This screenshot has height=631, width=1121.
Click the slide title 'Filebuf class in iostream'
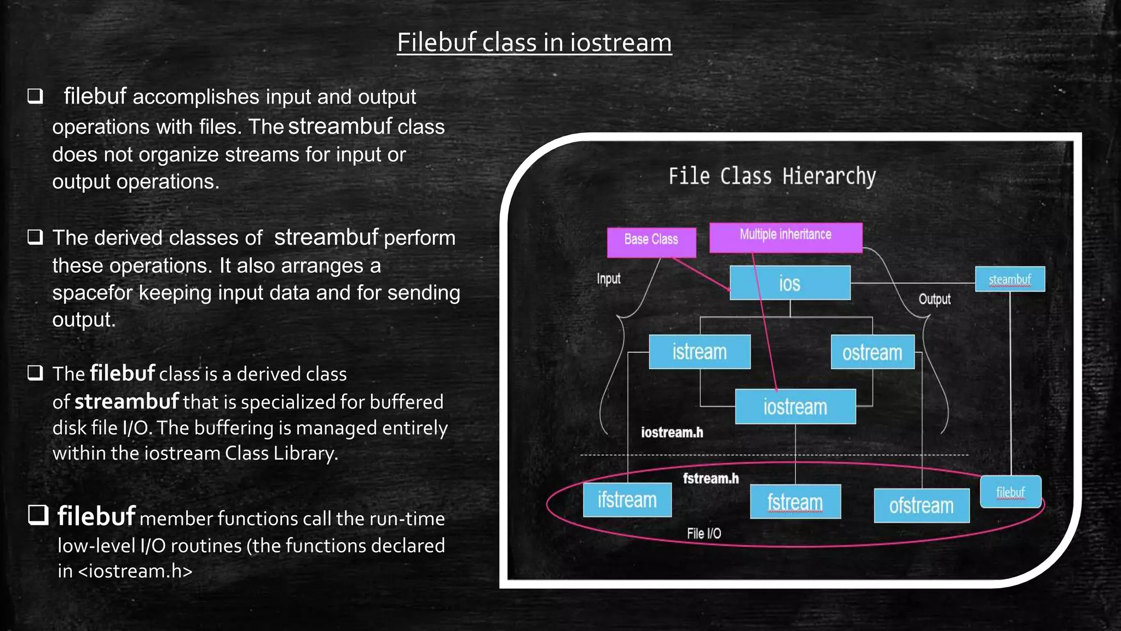pos(534,43)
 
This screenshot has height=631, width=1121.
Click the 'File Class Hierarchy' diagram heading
pos(772,176)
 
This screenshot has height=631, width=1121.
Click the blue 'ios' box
pos(790,283)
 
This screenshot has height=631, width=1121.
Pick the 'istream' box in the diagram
pos(700,352)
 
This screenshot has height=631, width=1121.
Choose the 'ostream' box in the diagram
pos(872,352)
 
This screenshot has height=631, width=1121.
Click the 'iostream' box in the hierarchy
pos(795,406)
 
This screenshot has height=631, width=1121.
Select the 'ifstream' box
pos(627,500)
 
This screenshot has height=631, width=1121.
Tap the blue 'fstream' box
pos(795,501)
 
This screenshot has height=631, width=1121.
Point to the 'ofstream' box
pos(921,505)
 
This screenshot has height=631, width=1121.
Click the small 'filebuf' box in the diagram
pos(1010,492)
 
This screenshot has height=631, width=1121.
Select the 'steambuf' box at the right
pos(1010,279)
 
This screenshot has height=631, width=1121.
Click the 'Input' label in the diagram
pos(609,278)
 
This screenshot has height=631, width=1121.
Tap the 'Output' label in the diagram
pos(934,299)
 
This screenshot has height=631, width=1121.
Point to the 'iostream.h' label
pos(672,433)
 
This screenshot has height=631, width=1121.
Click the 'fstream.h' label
pos(710,478)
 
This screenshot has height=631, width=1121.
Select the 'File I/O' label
pos(704,534)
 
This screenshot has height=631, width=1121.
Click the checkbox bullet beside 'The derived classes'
pos(36,237)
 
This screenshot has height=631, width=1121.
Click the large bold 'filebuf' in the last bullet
pos(96,516)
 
